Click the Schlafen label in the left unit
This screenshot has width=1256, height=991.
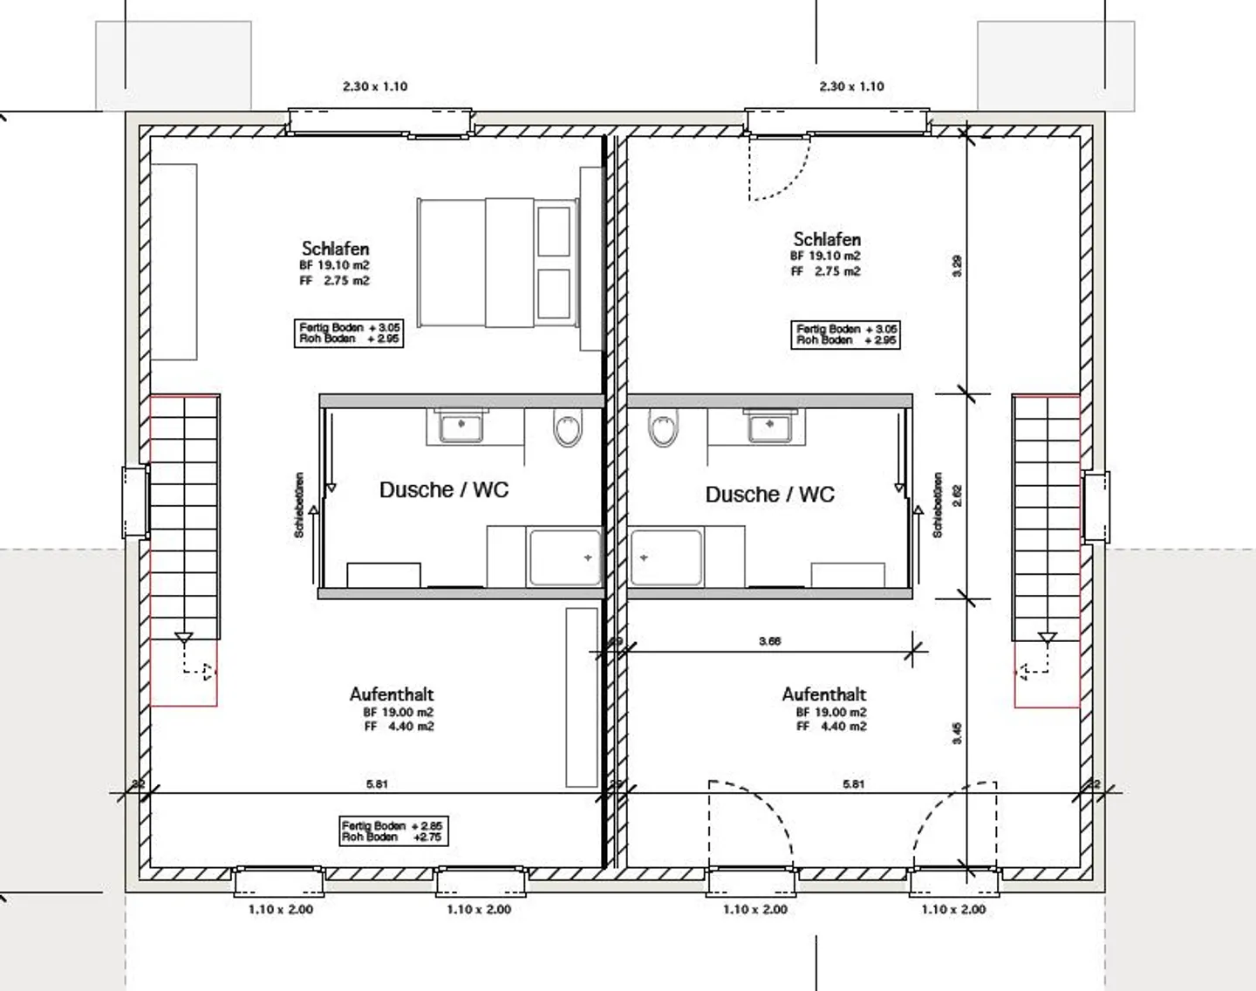[x=335, y=249]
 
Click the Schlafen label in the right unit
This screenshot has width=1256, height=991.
[x=827, y=240]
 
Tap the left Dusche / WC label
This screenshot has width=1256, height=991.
[x=443, y=490]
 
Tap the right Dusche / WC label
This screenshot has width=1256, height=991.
[x=769, y=495]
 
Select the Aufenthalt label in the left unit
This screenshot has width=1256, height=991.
[x=391, y=695]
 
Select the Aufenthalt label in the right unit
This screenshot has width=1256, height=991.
[x=823, y=695]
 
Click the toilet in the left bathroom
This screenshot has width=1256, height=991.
[x=567, y=429]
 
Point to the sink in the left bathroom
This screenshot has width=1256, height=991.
[x=461, y=427]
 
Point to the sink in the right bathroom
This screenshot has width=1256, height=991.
[x=769, y=427]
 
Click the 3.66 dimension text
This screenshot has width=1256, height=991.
[x=769, y=641]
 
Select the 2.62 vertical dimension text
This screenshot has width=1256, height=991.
[x=957, y=495]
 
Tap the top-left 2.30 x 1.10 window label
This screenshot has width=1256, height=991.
[x=375, y=86]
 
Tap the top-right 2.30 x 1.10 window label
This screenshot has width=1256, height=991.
[x=851, y=86]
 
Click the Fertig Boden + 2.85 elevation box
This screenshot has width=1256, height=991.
[x=392, y=830]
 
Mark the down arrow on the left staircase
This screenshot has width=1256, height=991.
[x=183, y=638]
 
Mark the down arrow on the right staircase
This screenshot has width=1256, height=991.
[x=1047, y=638]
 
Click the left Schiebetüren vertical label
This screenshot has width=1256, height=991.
[x=299, y=505]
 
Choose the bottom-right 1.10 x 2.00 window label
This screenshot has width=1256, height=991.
[x=953, y=909]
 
